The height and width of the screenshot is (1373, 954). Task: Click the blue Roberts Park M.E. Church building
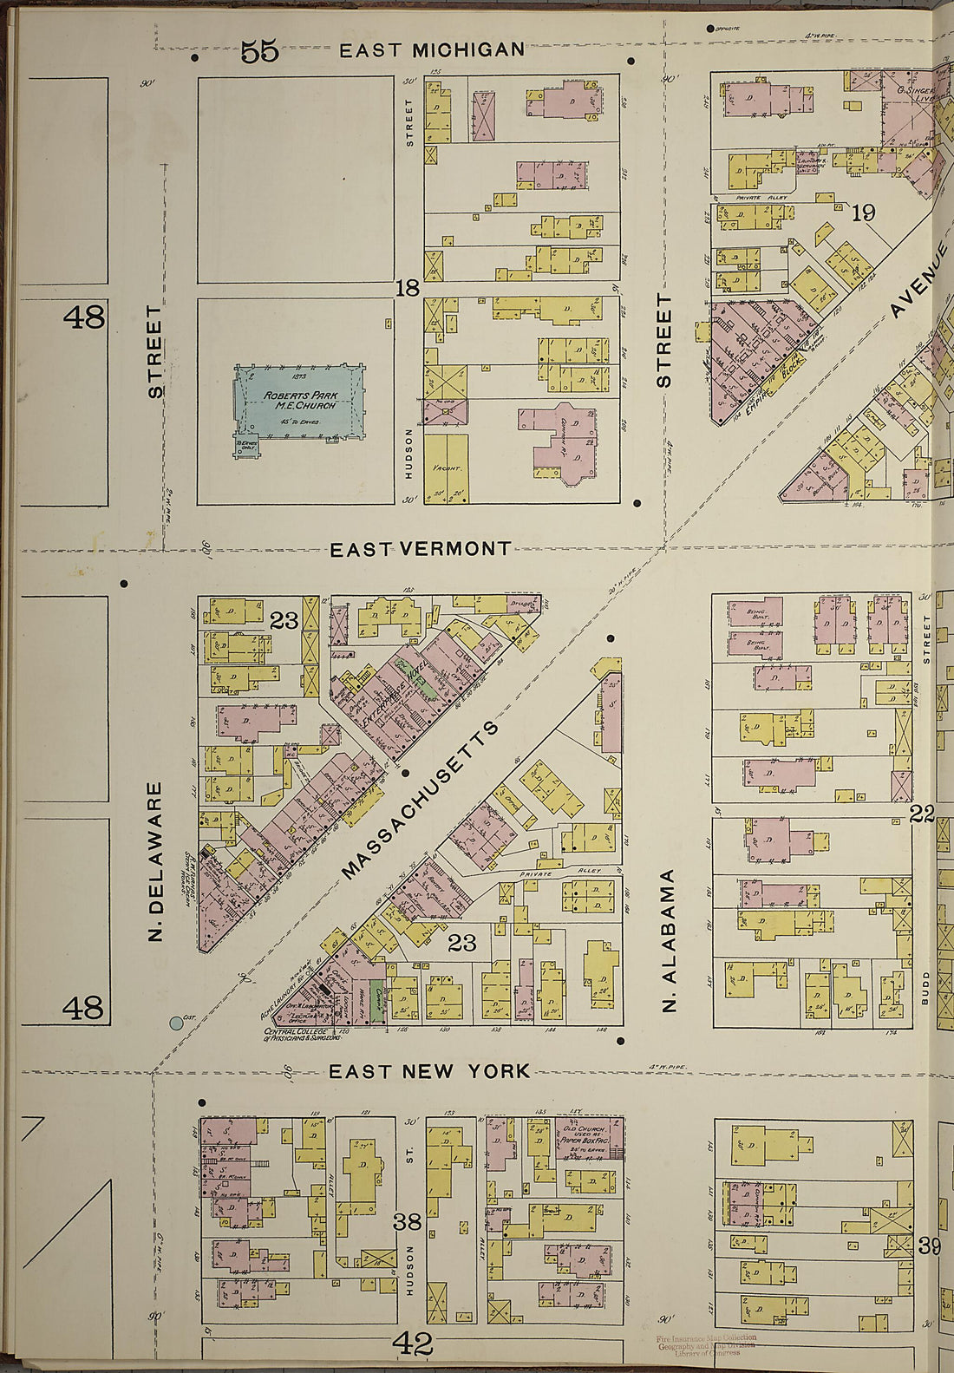coord(298,402)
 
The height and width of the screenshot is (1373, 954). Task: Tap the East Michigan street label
coord(432,50)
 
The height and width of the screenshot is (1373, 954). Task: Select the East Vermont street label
coord(421,549)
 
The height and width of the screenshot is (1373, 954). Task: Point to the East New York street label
coord(429,1071)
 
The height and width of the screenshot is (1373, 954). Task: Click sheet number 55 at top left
coord(259,52)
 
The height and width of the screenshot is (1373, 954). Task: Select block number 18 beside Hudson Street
coord(408,288)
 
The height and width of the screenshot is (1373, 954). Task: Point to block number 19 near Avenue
coord(863,212)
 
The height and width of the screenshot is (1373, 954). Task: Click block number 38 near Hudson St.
coord(407,1222)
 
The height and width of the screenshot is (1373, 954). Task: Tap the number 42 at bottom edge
coord(413,1344)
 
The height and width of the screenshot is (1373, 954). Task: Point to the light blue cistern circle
coord(177,1023)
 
